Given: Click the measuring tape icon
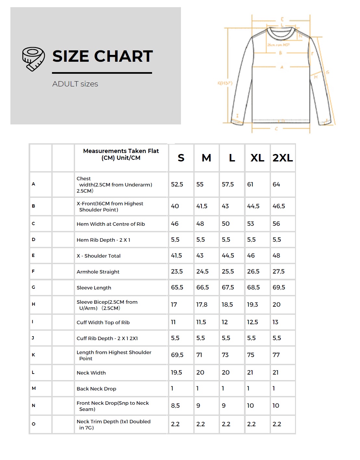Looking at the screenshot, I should pos(33,59).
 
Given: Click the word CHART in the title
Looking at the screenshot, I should pos(123,56).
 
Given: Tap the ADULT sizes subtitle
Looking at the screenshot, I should pos(75,84).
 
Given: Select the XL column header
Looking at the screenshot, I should pos(257,158).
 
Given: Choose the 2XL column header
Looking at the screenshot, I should pos(283,158).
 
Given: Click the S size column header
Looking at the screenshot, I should pos(181,158).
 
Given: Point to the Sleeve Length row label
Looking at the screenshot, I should pos(94,288).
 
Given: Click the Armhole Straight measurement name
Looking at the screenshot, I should pos(98,272).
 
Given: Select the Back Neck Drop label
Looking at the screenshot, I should pos(96,389).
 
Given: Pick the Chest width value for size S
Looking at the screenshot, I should pos(177,185).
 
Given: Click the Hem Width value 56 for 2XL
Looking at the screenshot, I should pos(276,224).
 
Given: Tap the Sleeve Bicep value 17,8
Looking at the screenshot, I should pos(202,305).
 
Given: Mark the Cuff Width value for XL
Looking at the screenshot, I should pos(252,322).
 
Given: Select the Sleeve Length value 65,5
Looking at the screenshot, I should pos(177,287).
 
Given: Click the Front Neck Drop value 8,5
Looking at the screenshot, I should pos(175,406).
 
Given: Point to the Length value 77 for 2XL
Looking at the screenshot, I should pos(276,355).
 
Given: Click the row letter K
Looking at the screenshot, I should pos(33,355).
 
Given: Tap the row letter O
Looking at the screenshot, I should pos(33,424).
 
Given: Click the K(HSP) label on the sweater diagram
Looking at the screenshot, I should pos(225,83).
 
